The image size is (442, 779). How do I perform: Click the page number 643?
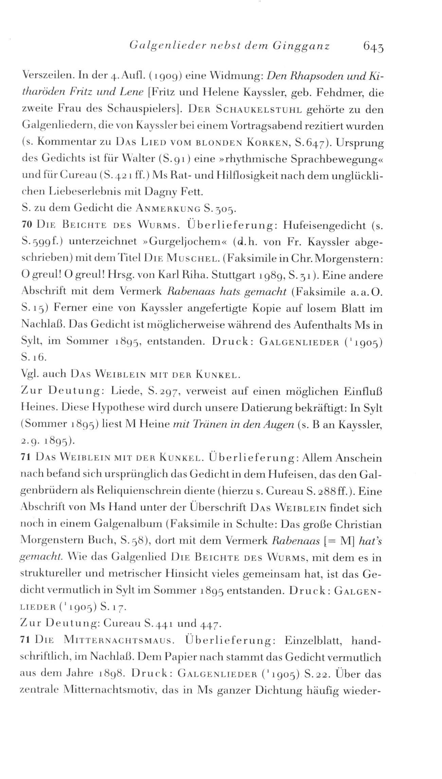(373, 46)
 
